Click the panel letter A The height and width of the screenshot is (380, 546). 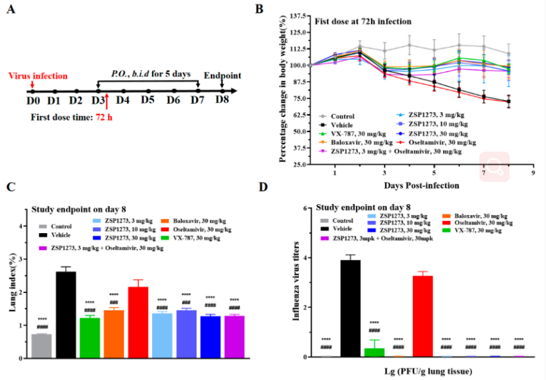pyautogui.click(x=11, y=11)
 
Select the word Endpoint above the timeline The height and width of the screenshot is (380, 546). pyautogui.click(x=222, y=75)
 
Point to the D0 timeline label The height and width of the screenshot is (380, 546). pyautogui.click(x=32, y=100)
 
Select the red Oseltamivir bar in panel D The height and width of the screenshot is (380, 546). pyautogui.click(x=422, y=316)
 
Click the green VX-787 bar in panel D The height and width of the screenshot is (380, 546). pyautogui.click(x=374, y=352)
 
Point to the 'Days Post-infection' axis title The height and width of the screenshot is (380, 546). pyautogui.click(x=412, y=185)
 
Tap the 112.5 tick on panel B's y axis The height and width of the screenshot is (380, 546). pyautogui.click(x=297, y=49)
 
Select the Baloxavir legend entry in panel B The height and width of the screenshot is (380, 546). pyautogui.click(x=350, y=143)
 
